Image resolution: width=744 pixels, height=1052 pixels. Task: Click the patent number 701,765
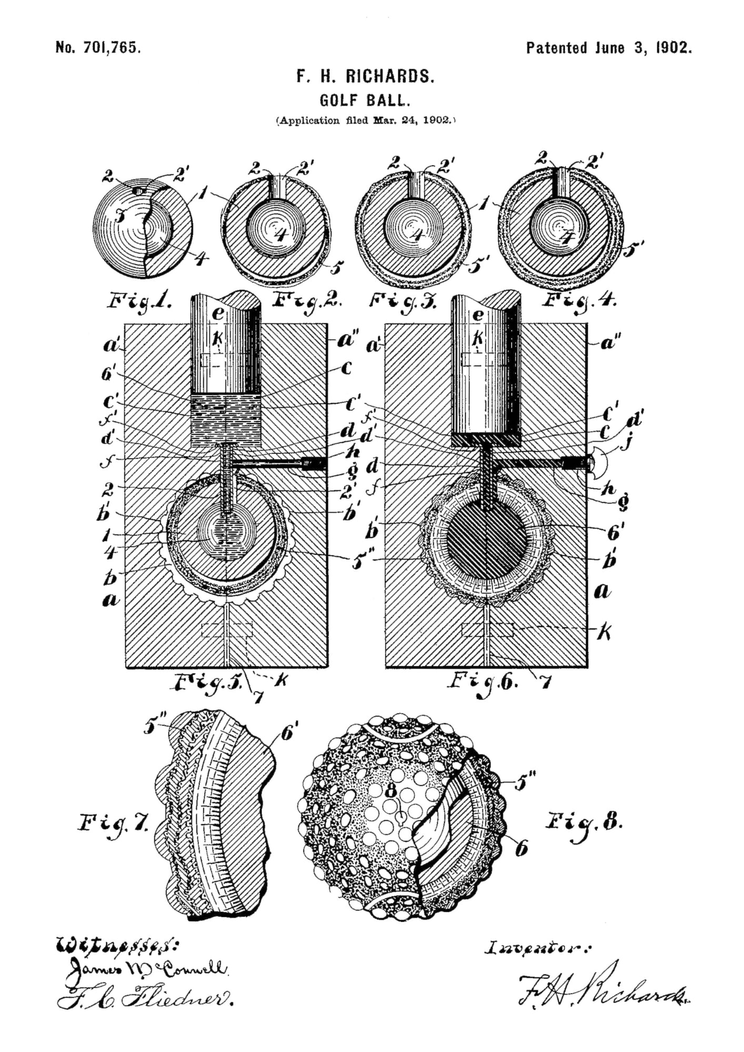click(x=98, y=48)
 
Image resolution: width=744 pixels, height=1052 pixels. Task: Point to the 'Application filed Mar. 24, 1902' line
click(x=366, y=120)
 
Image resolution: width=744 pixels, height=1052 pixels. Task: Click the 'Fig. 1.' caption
click(x=140, y=301)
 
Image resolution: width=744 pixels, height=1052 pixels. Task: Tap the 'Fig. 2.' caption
click(x=308, y=301)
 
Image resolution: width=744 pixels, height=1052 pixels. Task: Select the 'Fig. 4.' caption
click(x=580, y=301)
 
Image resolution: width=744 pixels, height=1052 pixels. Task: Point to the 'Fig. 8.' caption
click(x=584, y=821)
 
